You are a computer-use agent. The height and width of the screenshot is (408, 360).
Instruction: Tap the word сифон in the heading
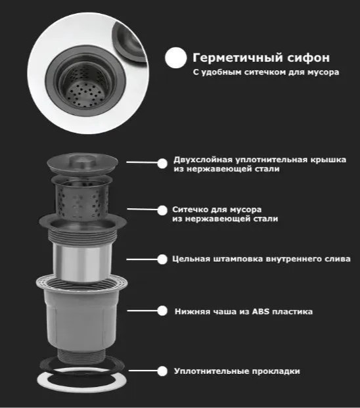309,58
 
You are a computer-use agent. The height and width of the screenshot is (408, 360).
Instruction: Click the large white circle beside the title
176,58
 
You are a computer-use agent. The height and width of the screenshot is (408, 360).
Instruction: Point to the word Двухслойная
203,160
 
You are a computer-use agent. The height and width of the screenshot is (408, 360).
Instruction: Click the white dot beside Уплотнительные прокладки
162,371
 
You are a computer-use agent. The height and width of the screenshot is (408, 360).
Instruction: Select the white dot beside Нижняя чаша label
162,311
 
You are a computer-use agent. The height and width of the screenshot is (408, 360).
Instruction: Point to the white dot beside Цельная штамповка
162,260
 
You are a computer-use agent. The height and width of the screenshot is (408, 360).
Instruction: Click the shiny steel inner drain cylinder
82,262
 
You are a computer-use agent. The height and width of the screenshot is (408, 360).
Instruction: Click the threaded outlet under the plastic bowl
81,356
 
